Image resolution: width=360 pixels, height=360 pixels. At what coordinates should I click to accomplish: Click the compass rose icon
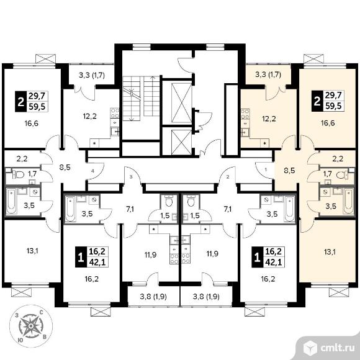[31, 326]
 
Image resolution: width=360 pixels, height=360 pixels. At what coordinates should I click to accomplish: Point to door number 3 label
[131, 177]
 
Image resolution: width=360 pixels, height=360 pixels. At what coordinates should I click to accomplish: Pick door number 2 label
[228, 177]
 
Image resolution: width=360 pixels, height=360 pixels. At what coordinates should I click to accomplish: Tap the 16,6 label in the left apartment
[32, 124]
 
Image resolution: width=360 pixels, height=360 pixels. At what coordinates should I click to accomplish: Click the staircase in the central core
[141, 99]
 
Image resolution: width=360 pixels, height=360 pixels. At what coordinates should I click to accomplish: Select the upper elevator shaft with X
[181, 103]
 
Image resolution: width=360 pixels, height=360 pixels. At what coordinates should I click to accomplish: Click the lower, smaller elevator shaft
[181, 142]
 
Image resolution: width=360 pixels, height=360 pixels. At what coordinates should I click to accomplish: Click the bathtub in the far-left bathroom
[11, 201]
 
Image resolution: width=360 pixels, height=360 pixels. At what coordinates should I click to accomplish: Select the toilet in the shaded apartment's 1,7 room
[343, 176]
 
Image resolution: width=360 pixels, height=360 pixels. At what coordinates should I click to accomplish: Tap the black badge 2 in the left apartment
[21, 101]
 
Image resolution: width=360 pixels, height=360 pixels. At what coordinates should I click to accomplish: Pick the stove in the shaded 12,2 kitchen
[245, 114]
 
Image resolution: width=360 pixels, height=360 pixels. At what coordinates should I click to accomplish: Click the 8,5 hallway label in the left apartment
[65, 168]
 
